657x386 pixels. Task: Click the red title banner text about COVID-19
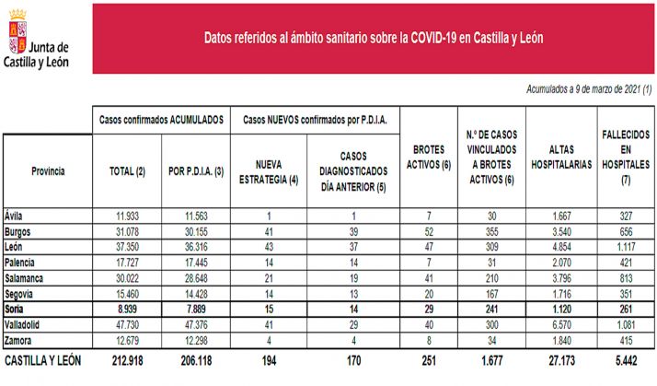pos(373,38)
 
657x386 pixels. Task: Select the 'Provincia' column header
pos(48,171)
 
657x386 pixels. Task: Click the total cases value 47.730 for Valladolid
pos(128,324)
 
